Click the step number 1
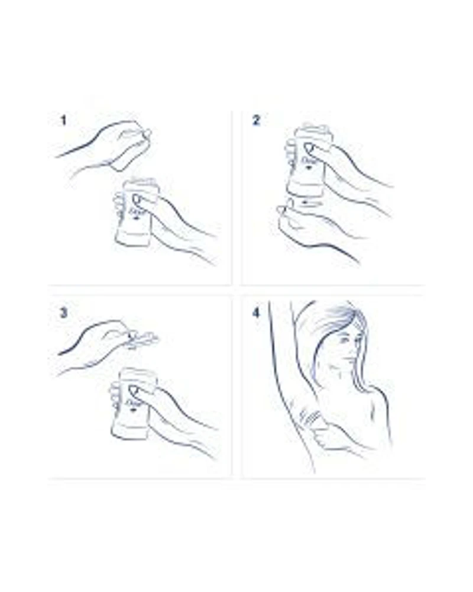tap(63, 121)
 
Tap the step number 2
tap(256, 120)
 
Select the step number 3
tap(63, 313)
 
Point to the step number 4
tap(256, 313)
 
